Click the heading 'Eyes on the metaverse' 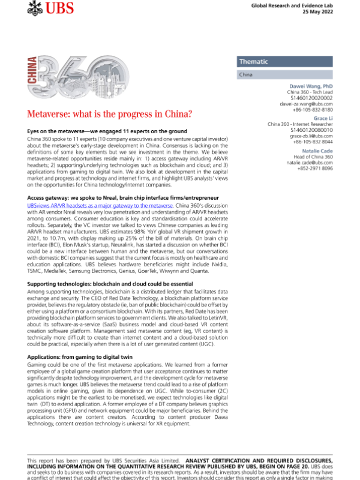coord(107,131)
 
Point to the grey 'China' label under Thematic coord(245,76)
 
